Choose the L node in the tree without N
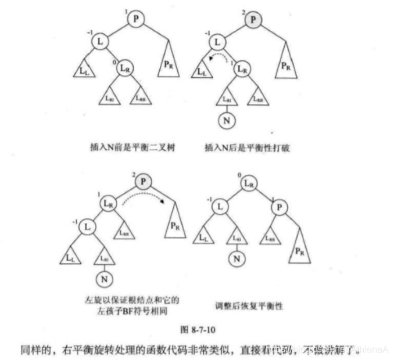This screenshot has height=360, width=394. (100, 42)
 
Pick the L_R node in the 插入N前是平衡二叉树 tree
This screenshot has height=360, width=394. (126, 69)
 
